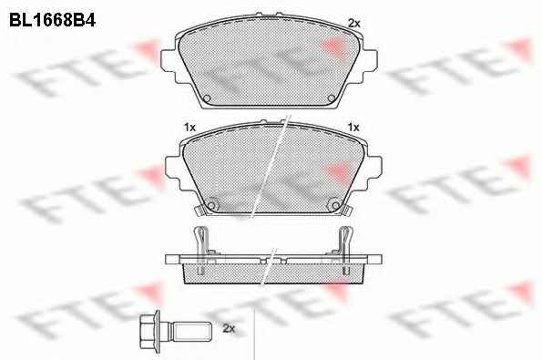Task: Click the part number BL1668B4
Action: pos(52,20)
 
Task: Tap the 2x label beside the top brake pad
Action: pos(354,24)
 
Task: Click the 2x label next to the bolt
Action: pos(229,328)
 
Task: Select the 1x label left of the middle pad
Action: pos(189,128)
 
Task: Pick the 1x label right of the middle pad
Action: pos(353,128)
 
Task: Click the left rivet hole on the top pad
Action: pos(207,98)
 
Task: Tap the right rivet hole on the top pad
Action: pos(331,98)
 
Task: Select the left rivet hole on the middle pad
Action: pos(211,206)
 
